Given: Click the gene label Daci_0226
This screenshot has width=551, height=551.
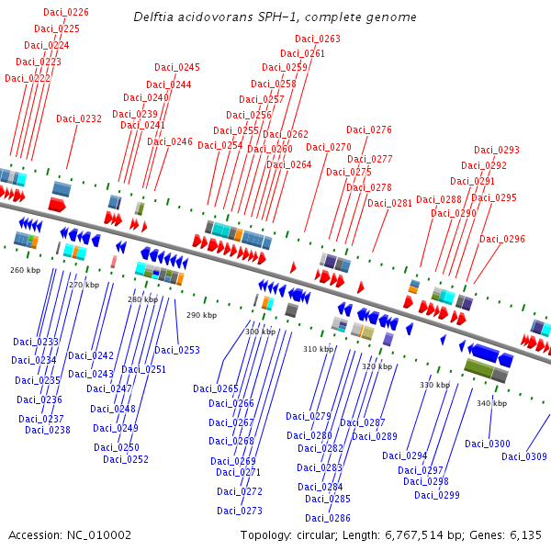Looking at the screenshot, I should click(67, 12).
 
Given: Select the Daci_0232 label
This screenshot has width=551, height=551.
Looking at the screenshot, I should click(79, 118).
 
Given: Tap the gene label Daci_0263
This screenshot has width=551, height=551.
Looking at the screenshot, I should click(318, 39).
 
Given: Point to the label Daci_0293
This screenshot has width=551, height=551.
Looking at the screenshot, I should click(497, 150).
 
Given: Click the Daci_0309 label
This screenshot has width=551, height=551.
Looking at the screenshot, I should click(524, 456).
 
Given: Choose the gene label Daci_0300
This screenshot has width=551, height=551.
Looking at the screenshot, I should click(488, 444).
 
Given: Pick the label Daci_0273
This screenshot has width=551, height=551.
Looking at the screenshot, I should click(240, 511).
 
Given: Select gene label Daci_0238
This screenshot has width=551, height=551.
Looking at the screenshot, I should click(48, 430).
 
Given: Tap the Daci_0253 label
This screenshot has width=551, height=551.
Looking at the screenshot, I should click(177, 350).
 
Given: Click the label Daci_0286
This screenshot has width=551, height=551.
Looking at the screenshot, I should click(328, 518).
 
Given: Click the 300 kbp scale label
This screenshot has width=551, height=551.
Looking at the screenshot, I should click(260, 332).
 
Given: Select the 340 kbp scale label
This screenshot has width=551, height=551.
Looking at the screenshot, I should click(491, 403).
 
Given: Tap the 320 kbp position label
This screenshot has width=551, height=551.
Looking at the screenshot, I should click(377, 366).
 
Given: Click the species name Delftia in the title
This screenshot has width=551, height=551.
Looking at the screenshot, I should click(155, 17).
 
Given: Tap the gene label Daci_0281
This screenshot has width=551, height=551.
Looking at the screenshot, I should click(390, 203).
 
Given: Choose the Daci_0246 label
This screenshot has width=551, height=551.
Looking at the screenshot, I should click(170, 141).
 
